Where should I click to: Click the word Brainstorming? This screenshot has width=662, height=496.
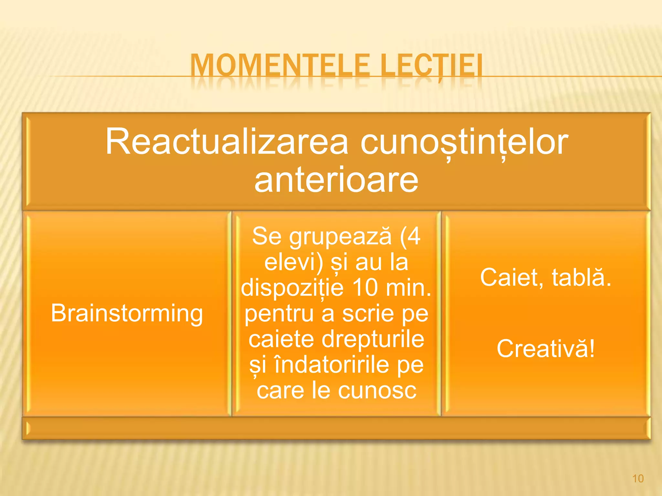(127, 313)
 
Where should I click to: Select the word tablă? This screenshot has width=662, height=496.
(582, 277)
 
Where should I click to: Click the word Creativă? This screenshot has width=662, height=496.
(546, 348)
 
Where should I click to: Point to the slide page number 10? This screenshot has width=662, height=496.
(638, 479)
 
